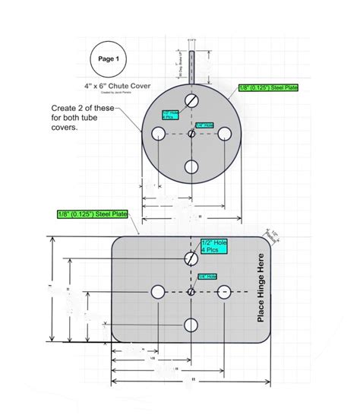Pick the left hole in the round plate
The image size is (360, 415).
click(x=159, y=134)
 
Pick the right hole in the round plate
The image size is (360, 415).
click(x=225, y=134)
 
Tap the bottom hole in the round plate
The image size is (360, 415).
click(x=192, y=166)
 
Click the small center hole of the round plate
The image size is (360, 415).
click(x=192, y=134)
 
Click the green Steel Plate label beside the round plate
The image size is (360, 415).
click(x=269, y=89)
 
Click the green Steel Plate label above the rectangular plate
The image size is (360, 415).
click(x=92, y=215)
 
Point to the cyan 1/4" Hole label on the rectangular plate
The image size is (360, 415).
click(x=208, y=277)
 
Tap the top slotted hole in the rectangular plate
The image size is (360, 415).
click(x=191, y=259)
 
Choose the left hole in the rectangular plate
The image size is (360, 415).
click(x=158, y=293)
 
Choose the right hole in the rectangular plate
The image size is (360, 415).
click(x=224, y=293)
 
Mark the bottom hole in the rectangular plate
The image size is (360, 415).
click(x=191, y=325)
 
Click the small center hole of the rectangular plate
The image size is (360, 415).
click(x=191, y=293)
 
